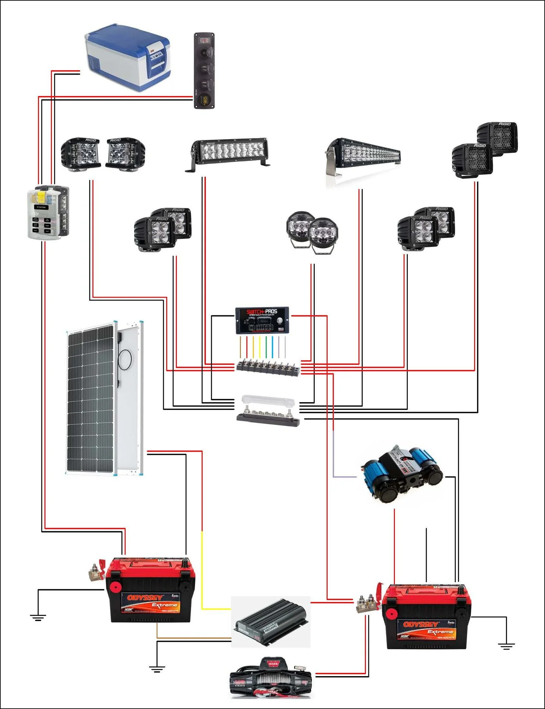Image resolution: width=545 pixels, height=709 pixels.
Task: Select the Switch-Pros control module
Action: click(262, 320)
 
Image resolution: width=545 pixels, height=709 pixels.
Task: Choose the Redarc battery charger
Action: click(271, 622)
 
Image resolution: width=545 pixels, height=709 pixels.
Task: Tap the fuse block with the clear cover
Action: click(48, 212)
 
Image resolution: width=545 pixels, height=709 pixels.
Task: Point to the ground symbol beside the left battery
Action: click(38, 617)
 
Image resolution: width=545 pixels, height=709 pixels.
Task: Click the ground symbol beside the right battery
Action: click(506, 646)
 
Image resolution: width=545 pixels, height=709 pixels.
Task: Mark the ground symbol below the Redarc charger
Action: click(157, 668)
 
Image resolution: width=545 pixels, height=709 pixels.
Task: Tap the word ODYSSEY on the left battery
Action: click(145, 598)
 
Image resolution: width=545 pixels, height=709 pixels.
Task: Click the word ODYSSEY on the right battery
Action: click(421, 624)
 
